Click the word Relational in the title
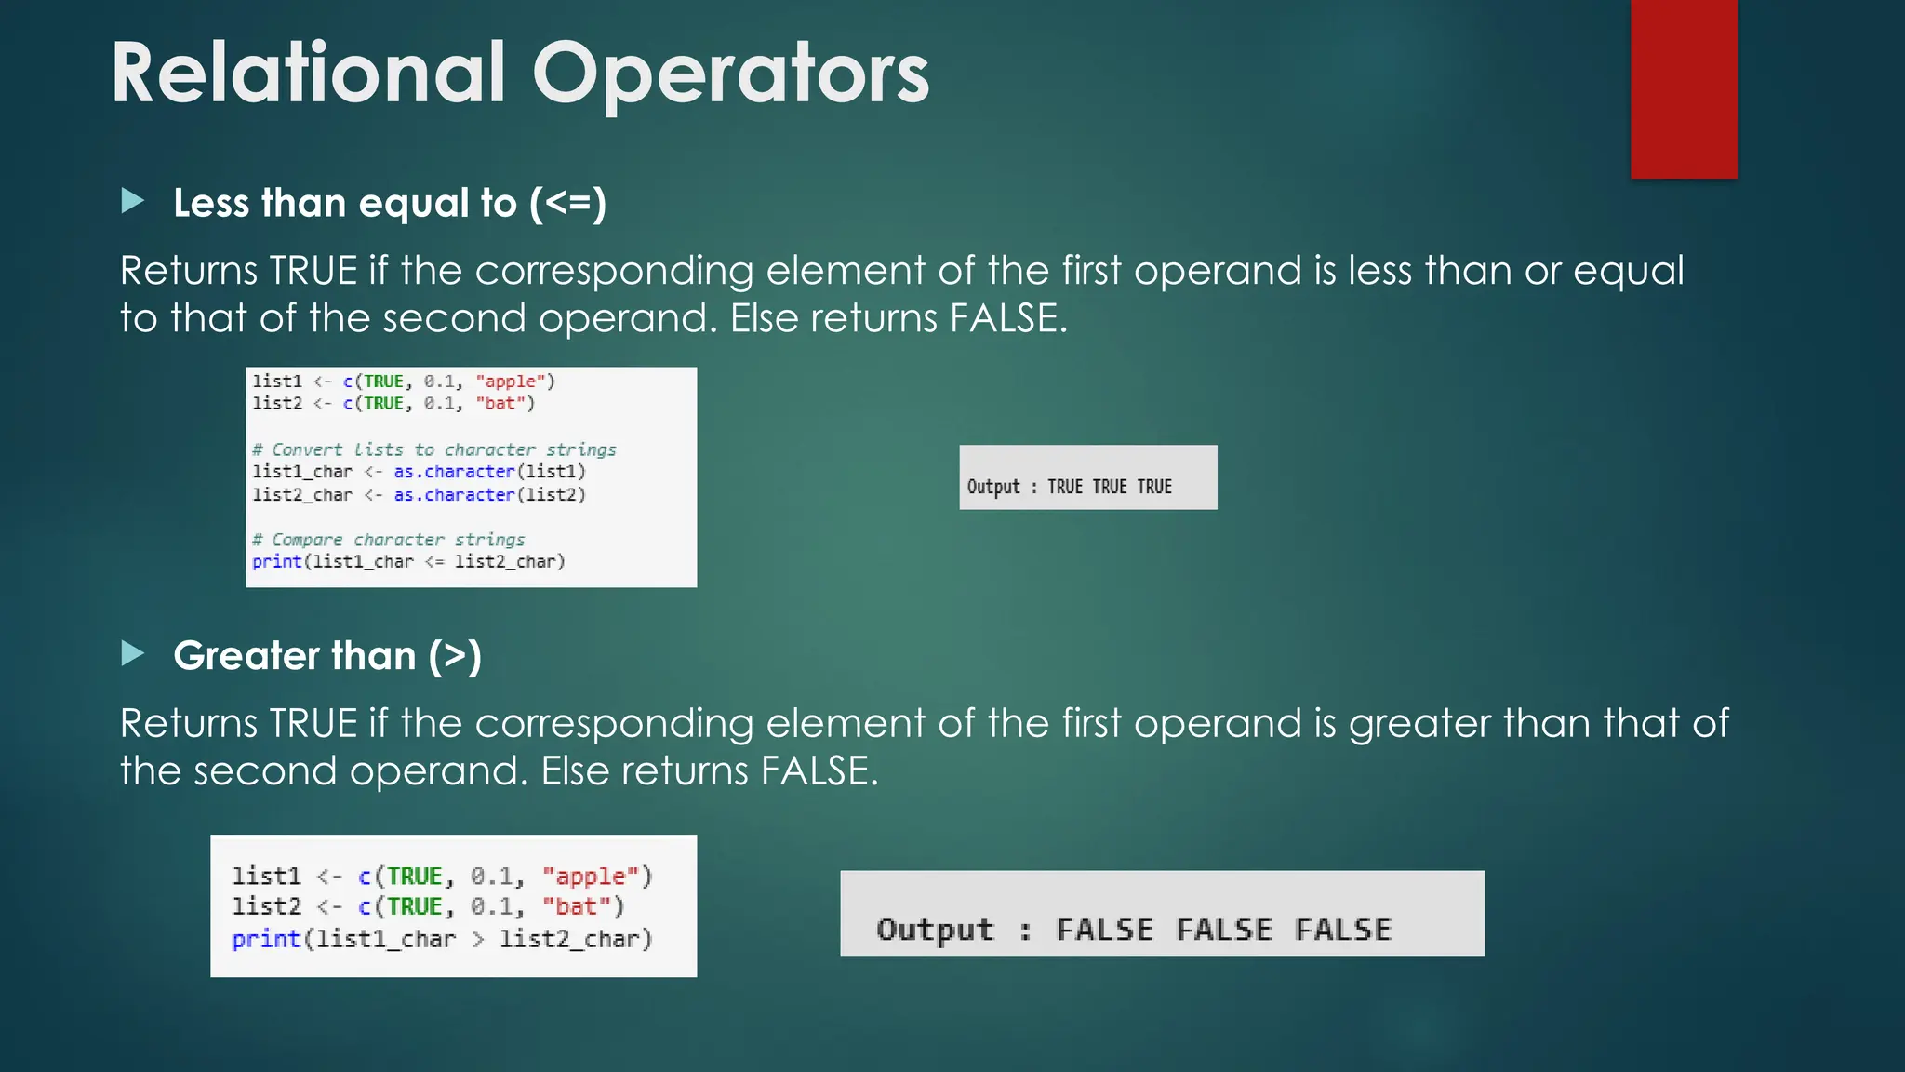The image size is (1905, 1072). pyautogui.click(x=308, y=74)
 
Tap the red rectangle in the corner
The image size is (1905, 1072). pyautogui.click(x=1684, y=88)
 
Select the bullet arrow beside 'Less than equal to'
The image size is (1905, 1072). pyautogui.click(x=133, y=201)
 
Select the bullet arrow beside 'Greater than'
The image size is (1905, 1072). pyautogui.click(x=133, y=653)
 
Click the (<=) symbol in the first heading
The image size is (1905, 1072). pyautogui.click(x=567, y=203)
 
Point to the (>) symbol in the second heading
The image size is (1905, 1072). pyautogui.click(x=455, y=656)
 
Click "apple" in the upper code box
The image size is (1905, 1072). pyautogui.click(x=512, y=382)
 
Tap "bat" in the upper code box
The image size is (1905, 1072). pyautogui.click(x=500, y=404)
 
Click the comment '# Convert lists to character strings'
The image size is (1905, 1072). pyautogui.click(x=433, y=449)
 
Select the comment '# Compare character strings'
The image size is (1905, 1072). pyautogui.click(x=388, y=540)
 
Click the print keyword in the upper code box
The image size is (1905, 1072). pyautogui.click(x=276, y=562)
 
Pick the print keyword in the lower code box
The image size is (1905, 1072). pyautogui.click(x=265, y=939)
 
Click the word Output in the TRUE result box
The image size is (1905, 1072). pyautogui.click(x=993, y=487)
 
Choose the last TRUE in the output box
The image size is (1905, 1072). pyautogui.click(x=1154, y=487)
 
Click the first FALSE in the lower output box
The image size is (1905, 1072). pyautogui.click(x=1104, y=930)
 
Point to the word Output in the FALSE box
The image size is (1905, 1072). pyautogui.click(x=935, y=930)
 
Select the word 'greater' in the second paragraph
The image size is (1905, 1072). pyautogui.click(x=1420, y=724)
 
